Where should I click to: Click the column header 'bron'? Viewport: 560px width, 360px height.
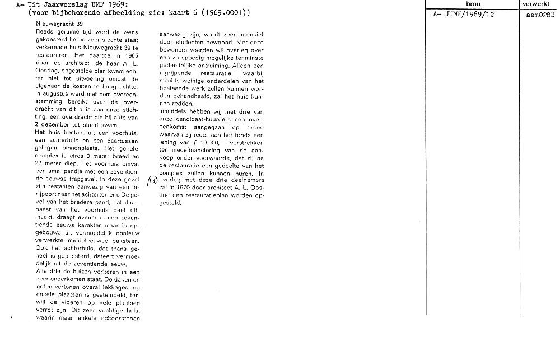tap(473, 4)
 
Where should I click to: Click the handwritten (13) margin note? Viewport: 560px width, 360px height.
tap(152, 181)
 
